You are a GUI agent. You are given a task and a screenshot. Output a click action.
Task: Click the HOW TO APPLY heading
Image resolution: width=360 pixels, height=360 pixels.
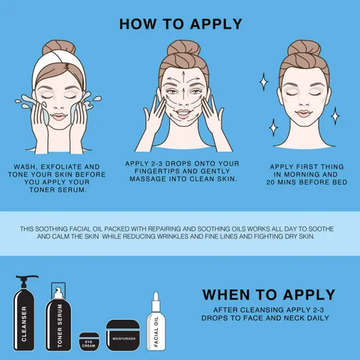pyautogui.click(x=181, y=24)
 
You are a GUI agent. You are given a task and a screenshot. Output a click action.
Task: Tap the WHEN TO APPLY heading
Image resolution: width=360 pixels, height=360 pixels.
pyautogui.click(x=269, y=294)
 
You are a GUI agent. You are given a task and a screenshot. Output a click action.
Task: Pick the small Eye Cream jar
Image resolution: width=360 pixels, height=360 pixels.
pyautogui.click(x=89, y=342)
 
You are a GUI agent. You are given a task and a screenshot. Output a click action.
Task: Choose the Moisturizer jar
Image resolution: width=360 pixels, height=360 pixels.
pyautogui.click(x=124, y=336)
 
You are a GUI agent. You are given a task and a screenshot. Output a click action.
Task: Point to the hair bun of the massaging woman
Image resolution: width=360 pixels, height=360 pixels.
pyautogui.click(x=184, y=48)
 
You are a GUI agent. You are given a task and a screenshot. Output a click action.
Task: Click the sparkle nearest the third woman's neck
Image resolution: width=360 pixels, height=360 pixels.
pyautogui.click(x=274, y=127)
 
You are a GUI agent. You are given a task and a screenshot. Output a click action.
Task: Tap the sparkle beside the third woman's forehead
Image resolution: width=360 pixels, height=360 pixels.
pyautogui.click(x=264, y=82)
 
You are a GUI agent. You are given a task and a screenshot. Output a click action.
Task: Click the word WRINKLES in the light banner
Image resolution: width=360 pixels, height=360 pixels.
pyautogui.click(x=173, y=236)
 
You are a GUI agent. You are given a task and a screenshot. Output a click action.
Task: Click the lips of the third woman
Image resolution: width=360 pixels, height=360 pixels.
pyautogui.click(x=303, y=113)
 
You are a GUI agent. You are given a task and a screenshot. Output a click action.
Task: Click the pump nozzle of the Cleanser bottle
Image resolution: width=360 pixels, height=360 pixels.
pyautogui.click(x=27, y=278)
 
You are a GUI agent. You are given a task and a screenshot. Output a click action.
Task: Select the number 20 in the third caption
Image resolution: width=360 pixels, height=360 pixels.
pyautogui.click(x=270, y=182)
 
